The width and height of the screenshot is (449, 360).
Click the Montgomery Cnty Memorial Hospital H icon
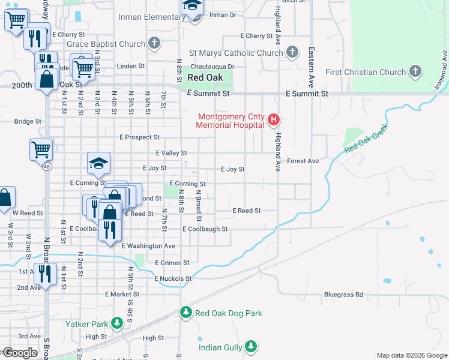[274, 119]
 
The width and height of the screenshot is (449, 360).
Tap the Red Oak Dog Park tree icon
[186, 313]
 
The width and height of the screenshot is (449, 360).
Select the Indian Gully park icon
[251, 347]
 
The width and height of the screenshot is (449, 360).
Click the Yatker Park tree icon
[118, 324]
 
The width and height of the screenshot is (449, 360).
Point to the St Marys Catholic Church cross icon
[292, 52]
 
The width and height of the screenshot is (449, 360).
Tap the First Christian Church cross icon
[415, 72]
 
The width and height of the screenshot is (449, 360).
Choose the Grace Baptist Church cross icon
[155, 43]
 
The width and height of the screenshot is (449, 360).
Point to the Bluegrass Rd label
[343, 295]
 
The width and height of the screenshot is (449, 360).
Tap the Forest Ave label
[303, 161]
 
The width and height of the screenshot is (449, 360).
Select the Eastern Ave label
[312, 65]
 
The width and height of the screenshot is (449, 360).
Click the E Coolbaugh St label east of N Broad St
[205, 229]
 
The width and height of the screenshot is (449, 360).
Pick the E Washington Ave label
[148, 246]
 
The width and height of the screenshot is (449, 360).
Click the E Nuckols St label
[173, 278]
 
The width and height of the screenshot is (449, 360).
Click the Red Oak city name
[205, 77]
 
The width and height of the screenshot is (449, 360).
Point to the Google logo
[20, 353]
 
